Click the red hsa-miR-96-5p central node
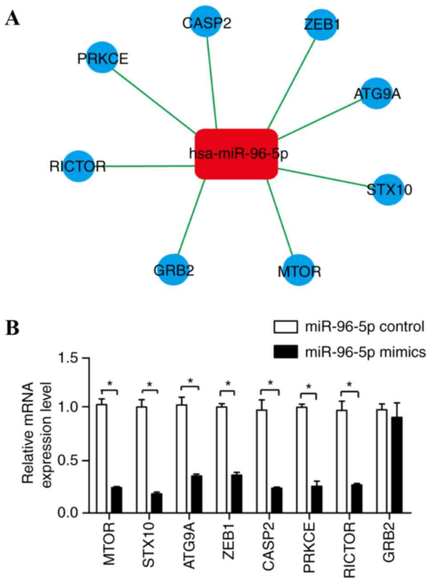[x=236, y=154]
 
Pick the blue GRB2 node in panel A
[x=174, y=269]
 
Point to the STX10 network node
[x=388, y=190]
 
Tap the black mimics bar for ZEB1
[x=237, y=494]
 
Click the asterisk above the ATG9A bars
[x=190, y=381]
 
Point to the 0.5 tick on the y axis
[x=77, y=460]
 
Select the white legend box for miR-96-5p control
[x=286, y=327]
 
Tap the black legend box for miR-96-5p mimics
[x=286, y=352]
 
